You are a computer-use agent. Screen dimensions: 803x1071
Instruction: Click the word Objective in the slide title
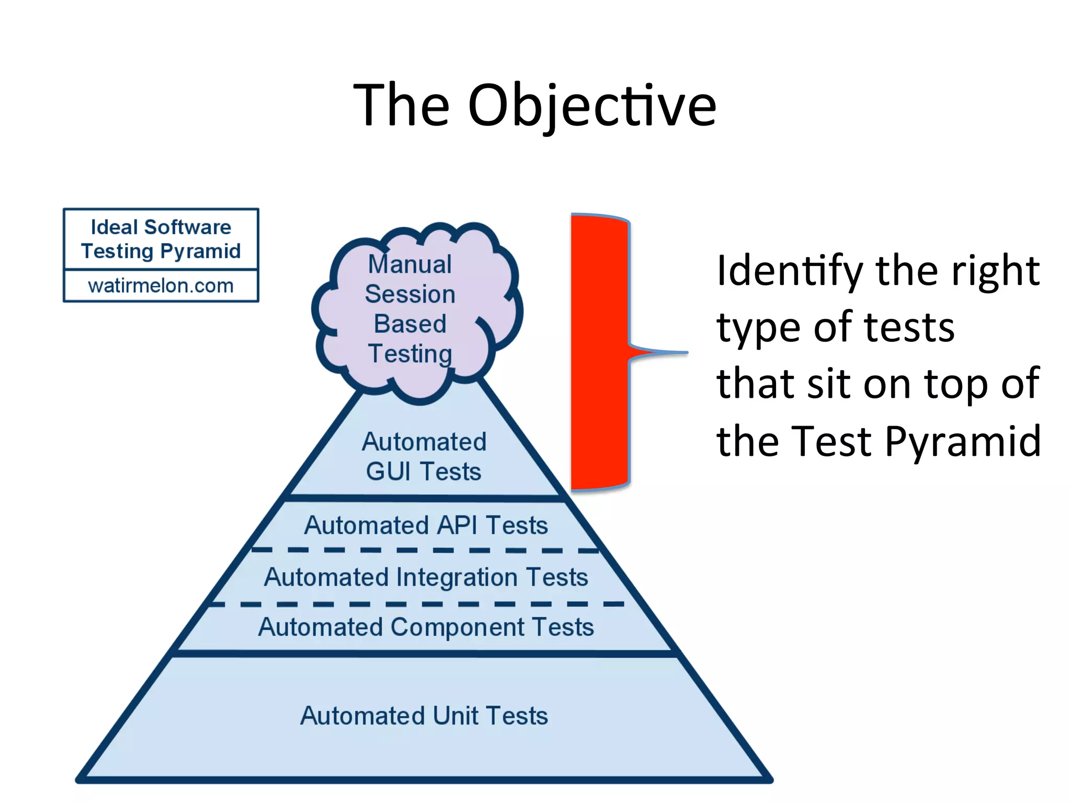pyautogui.click(x=591, y=106)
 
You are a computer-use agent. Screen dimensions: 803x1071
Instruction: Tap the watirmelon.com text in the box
pyautogui.click(x=161, y=285)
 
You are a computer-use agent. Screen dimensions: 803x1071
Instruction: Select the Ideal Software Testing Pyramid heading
pyautogui.click(x=161, y=239)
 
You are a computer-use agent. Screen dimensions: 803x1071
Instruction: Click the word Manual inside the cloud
pyautogui.click(x=409, y=264)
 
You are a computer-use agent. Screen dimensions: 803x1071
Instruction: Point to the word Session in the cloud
pyautogui.click(x=410, y=294)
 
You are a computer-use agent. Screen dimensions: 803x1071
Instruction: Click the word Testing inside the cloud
pyautogui.click(x=410, y=353)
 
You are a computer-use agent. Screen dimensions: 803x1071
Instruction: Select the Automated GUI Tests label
pyautogui.click(x=424, y=456)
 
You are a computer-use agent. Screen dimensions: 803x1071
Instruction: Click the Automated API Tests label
pyautogui.click(x=426, y=525)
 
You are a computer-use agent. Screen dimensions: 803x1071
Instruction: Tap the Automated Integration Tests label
pyautogui.click(x=426, y=577)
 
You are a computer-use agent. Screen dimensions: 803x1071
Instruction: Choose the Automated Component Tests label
pyautogui.click(x=426, y=627)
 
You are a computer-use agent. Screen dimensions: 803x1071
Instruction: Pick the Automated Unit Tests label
pyautogui.click(x=424, y=716)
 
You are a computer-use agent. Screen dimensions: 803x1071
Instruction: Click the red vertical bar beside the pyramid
pyautogui.click(x=599, y=352)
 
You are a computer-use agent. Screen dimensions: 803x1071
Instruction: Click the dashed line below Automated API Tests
pyautogui.click(x=426, y=550)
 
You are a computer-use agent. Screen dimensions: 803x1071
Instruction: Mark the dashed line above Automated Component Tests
pyautogui.click(x=418, y=604)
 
